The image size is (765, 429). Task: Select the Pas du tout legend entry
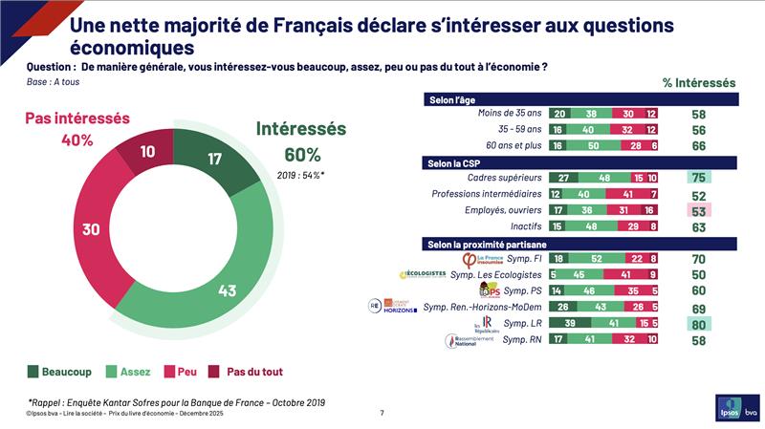click(250, 372)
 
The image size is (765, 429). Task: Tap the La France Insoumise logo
click(481, 259)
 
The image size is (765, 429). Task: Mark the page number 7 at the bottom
click(382, 413)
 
